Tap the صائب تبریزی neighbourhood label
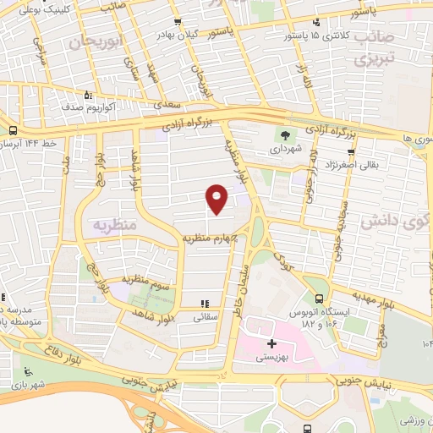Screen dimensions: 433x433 tap(375, 50)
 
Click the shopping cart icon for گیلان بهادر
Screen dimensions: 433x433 tap(176, 23)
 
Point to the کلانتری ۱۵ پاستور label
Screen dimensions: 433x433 tap(315, 36)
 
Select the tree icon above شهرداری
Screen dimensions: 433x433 tap(285, 133)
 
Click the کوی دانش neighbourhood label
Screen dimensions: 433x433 tap(395, 222)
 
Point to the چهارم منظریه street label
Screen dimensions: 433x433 tap(211, 238)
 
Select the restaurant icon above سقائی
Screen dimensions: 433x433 tap(203, 303)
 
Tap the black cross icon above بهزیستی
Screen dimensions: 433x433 tap(271, 344)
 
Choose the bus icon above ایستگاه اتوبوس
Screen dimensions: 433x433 tap(319, 299)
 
